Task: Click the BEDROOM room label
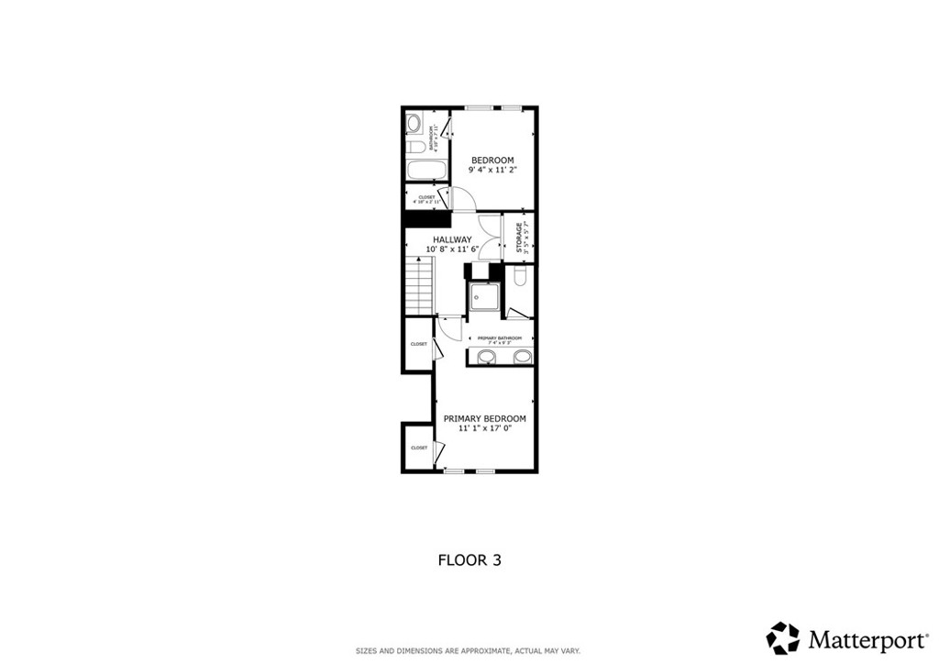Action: pyautogui.click(x=492, y=160)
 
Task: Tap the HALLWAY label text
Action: pyautogui.click(x=452, y=239)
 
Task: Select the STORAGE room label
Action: pyautogui.click(x=519, y=237)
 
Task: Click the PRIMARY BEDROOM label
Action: pyautogui.click(x=484, y=418)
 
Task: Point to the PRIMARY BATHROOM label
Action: pyautogui.click(x=500, y=338)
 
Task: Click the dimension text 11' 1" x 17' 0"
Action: pyautogui.click(x=484, y=427)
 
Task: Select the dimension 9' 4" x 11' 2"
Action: pyautogui.click(x=492, y=170)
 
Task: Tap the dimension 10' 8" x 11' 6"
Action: pyautogui.click(x=452, y=249)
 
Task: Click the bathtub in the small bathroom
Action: pyautogui.click(x=426, y=171)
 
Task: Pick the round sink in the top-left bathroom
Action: pyautogui.click(x=414, y=122)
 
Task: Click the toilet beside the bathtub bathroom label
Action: pyautogui.click(x=414, y=147)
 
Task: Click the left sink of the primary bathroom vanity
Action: pyautogui.click(x=486, y=356)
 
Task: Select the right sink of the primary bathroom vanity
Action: pyautogui.click(x=521, y=356)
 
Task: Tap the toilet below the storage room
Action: pyautogui.click(x=520, y=276)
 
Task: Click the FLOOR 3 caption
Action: pyautogui.click(x=468, y=559)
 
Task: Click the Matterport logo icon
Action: pyautogui.click(x=783, y=638)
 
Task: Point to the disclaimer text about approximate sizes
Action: pyautogui.click(x=468, y=651)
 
